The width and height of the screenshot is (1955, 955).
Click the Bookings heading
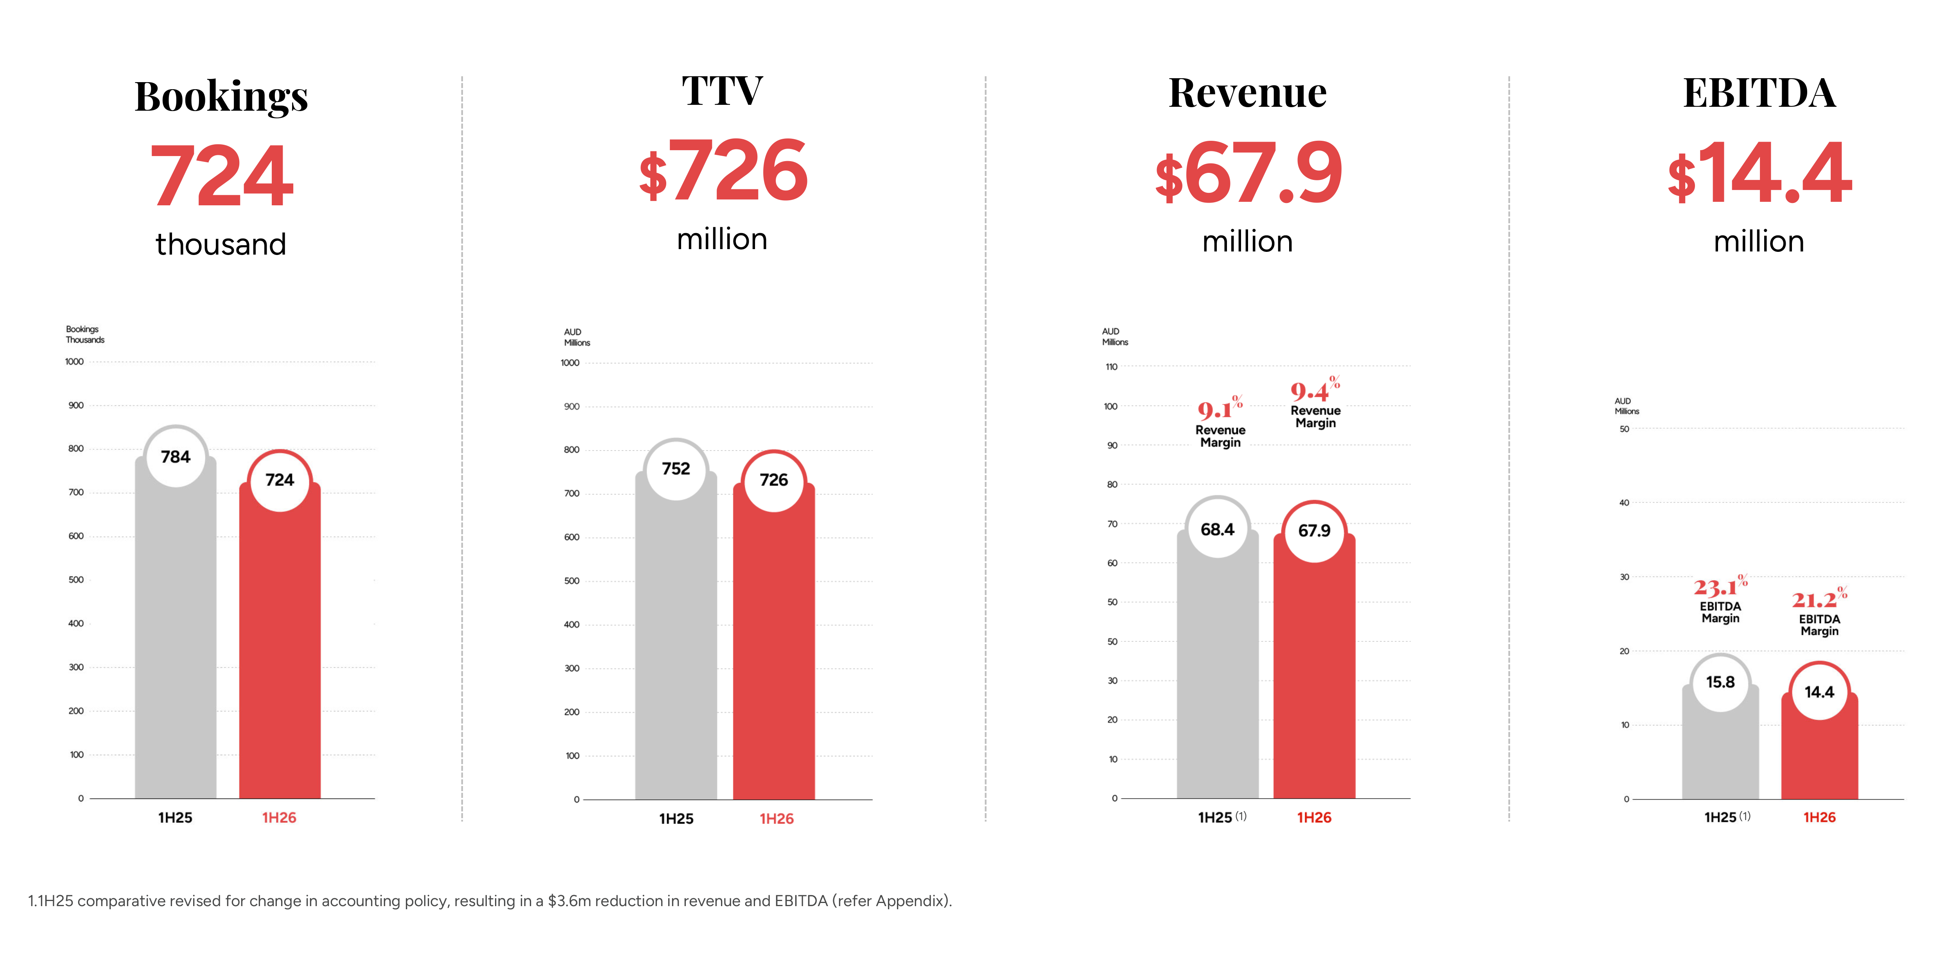pos(221,97)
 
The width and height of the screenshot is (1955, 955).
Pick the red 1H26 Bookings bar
pos(279,653)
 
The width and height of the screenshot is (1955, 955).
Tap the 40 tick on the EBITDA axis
pos(1624,503)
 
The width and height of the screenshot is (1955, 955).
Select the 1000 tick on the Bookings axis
pos(74,362)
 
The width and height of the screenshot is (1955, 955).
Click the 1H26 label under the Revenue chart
pos(1314,818)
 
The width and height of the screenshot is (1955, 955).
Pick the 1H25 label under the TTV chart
pos(675,819)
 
